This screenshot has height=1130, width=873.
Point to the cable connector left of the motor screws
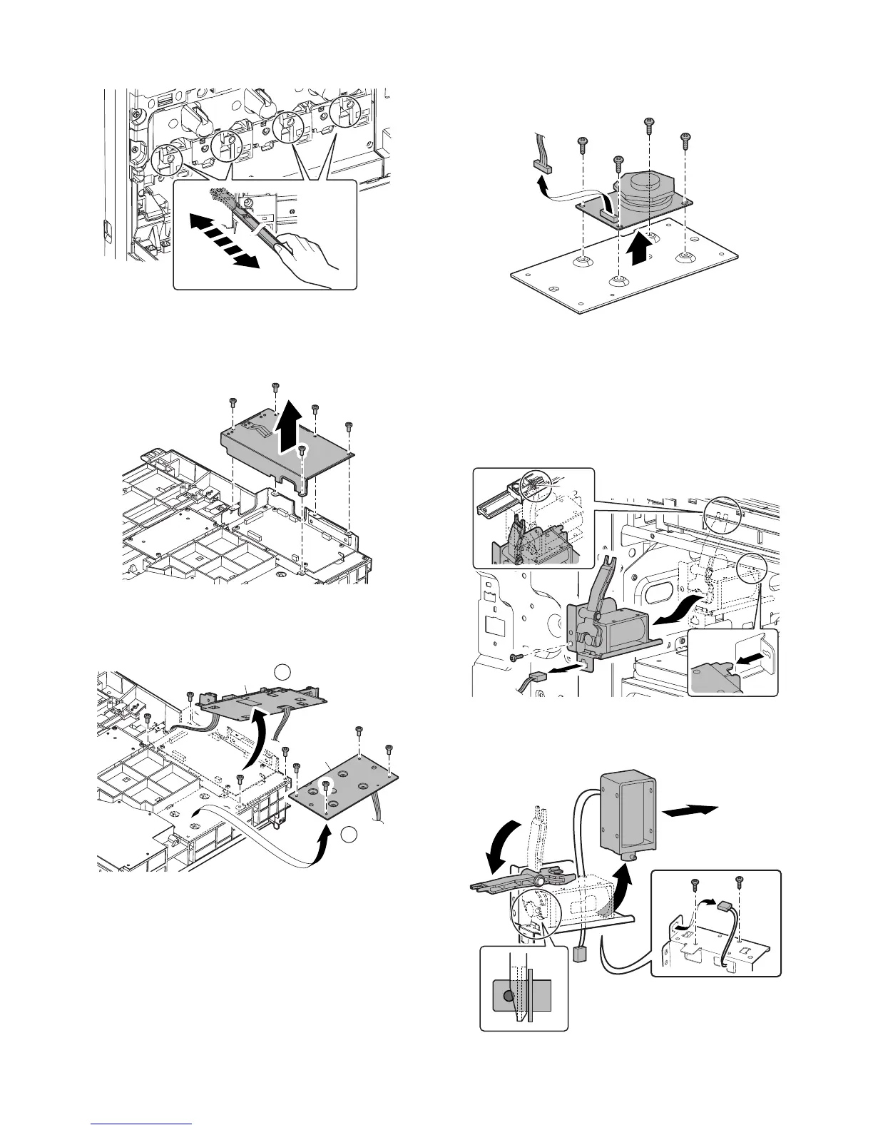coord(543,168)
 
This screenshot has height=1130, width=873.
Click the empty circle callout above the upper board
coord(283,671)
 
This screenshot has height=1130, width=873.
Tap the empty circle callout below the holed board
coord(347,833)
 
